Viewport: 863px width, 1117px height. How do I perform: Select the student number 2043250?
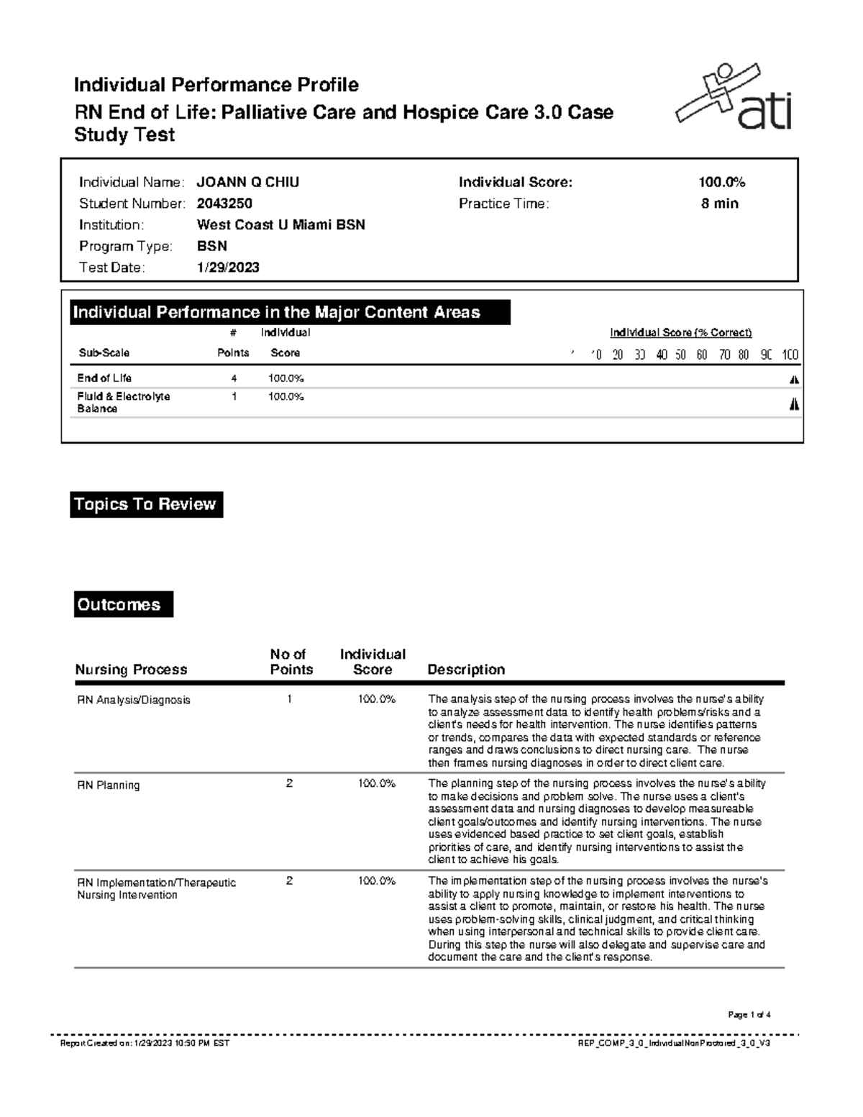(x=224, y=204)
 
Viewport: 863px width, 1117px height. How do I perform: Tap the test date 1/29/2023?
(x=228, y=268)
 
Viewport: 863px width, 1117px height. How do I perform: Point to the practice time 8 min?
(x=720, y=204)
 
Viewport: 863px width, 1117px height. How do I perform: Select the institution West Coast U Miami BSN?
(x=280, y=225)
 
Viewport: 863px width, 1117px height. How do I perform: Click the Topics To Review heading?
(x=146, y=504)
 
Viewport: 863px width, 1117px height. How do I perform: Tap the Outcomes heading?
(x=123, y=604)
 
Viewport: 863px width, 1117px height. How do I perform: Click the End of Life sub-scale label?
(x=104, y=378)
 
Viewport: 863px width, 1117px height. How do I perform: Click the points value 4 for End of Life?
(x=234, y=378)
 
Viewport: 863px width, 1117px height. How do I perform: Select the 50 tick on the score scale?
(x=680, y=355)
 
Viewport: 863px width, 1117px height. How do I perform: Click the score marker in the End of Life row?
(x=794, y=380)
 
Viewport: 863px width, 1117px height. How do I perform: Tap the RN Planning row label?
(x=109, y=785)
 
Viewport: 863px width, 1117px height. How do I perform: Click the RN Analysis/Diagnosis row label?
(x=134, y=700)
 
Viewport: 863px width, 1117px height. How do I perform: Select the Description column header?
(x=466, y=670)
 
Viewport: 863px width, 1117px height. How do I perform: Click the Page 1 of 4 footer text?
(x=749, y=1015)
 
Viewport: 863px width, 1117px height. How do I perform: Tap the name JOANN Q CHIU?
(x=248, y=183)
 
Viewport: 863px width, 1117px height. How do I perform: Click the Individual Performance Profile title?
(x=216, y=85)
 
